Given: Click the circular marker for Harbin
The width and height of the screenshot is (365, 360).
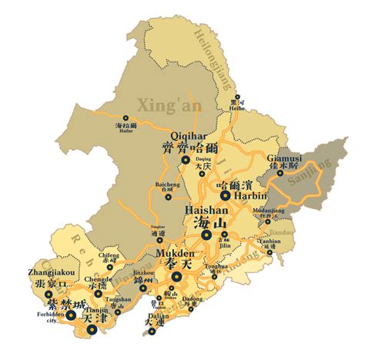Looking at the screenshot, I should pyautogui.click(x=225, y=195).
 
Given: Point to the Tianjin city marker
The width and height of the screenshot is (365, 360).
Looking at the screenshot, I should pyautogui.click(x=92, y=329).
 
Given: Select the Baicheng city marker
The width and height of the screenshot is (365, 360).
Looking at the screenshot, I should pyautogui.click(x=169, y=196).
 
